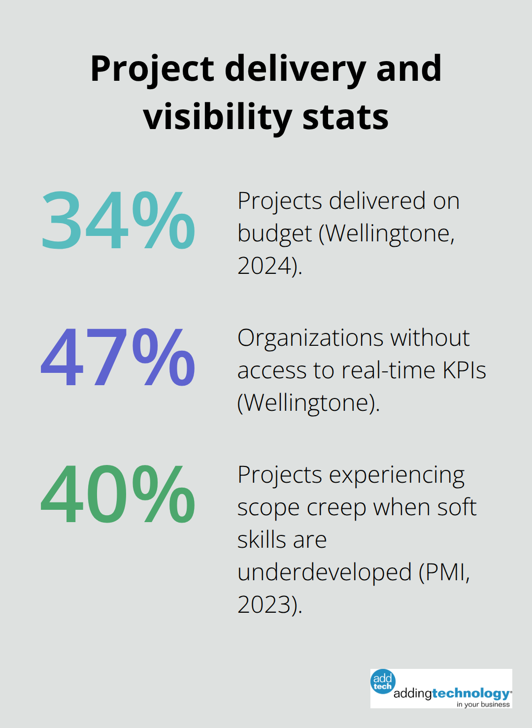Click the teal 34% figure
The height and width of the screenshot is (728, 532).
coord(118,220)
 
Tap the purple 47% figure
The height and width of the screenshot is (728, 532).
coord(118,357)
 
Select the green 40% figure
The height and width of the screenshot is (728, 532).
coord(118,494)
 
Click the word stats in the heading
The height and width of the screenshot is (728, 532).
coord(345,117)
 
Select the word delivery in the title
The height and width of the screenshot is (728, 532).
coord(295,69)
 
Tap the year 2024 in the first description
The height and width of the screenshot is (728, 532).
coord(265,266)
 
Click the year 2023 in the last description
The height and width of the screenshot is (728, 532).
coord(265,605)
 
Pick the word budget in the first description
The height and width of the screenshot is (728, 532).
coord(274,233)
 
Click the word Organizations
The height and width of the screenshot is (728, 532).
coord(310,338)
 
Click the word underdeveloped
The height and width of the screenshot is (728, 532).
coord(324,572)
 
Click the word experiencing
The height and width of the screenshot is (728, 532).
coord(397,476)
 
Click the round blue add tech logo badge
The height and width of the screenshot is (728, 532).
coord(383,682)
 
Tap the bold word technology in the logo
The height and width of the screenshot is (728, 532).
coord(471,694)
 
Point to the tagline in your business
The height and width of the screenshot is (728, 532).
coord(483,704)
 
